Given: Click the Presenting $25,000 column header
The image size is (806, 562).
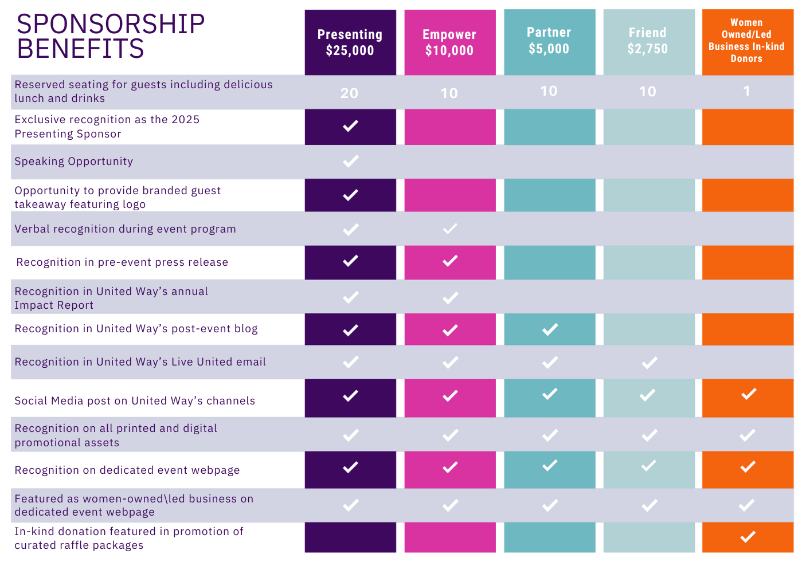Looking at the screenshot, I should (x=350, y=42).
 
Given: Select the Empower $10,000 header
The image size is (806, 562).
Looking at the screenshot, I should (x=449, y=42).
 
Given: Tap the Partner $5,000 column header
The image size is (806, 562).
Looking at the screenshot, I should (x=549, y=41).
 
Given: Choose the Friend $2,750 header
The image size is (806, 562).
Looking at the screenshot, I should (x=648, y=41).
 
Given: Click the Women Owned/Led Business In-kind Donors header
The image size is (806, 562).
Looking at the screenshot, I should (x=746, y=41).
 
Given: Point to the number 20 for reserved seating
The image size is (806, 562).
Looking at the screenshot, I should (x=349, y=93).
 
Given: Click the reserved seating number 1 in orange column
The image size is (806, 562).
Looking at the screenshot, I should (x=746, y=91).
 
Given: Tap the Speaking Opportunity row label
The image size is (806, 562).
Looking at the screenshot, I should (x=74, y=162).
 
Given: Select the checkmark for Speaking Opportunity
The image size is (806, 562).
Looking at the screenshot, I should (x=350, y=161).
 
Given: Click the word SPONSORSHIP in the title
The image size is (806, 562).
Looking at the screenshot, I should (x=111, y=24).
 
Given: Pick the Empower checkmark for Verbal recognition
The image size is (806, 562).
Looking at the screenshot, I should (x=450, y=229).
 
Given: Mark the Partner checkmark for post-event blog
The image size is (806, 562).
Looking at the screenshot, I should (x=550, y=329).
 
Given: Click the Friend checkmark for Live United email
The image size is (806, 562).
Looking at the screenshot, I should (x=649, y=362).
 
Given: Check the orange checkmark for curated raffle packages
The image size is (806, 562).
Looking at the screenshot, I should (x=748, y=537).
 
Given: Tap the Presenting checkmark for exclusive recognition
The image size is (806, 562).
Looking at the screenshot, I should (x=350, y=125).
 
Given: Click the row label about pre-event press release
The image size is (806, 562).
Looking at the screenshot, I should (x=122, y=262).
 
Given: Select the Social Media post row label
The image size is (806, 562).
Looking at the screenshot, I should (x=135, y=401).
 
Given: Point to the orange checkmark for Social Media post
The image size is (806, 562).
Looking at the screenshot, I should (x=748, y=394).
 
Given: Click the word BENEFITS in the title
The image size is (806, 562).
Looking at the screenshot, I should (x=81, y=49).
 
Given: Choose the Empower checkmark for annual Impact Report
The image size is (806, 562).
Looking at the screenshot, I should (x=450, y=297).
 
